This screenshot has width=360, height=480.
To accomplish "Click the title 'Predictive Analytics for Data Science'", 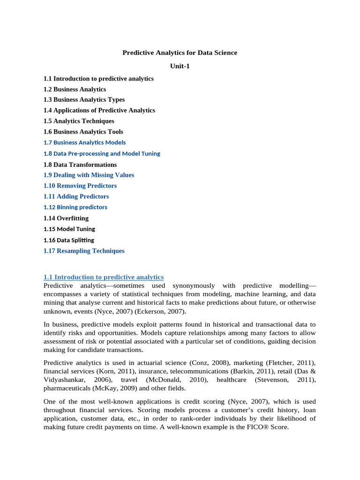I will pos(180,53).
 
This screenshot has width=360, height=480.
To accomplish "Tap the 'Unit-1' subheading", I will pos(180,66).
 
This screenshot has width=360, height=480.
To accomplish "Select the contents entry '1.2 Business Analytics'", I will pos(75,89).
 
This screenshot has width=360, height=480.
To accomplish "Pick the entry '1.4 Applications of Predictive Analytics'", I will pos(99,111).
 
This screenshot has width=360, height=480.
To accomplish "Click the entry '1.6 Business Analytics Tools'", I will pos(83,132).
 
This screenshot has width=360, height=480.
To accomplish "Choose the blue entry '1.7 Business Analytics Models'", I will pos(84,142).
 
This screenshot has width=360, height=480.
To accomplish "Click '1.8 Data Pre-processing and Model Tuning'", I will pos(102,154).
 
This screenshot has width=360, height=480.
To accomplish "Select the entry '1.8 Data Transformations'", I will pos(80,165).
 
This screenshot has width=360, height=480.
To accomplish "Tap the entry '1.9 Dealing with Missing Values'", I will pos(89,175).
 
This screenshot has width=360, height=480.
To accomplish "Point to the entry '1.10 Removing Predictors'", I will pos(80,186).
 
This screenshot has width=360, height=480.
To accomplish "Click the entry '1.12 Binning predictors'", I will pos(75,207).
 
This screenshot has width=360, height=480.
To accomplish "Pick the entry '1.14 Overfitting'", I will pos(66,218).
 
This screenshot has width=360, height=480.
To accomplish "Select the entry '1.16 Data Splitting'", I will pos(68,240).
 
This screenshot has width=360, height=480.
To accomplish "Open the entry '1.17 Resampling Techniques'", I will pos(84,251).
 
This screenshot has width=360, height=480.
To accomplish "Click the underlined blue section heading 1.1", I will pos(103,277).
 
